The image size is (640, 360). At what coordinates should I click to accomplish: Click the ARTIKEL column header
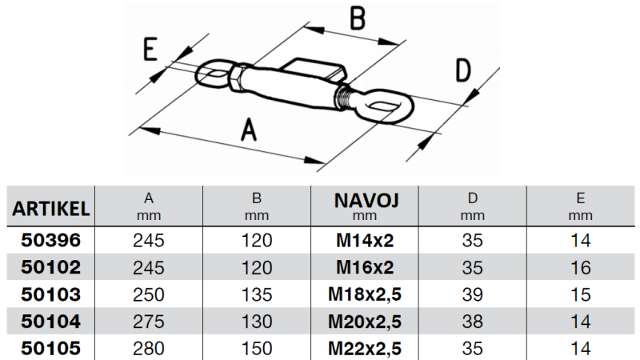tap(50, 209)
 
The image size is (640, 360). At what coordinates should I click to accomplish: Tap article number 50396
tap(50, 239)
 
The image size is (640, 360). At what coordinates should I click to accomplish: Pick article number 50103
tap(50, 294)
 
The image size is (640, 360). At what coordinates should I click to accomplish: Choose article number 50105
tap(50, 349)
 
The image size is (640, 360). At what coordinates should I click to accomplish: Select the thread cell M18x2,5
tap(365, 294)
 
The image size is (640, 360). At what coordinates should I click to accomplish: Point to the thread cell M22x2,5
tap(365, 349)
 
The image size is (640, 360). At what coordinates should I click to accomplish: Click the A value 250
tap(149, 294)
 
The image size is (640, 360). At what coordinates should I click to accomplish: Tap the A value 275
tap(149, 322)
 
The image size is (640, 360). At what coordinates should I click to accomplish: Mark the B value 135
tap(257, 294)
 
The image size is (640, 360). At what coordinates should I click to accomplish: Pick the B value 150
tap(257, 349)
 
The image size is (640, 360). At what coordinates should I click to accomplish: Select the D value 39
tap(473, 294)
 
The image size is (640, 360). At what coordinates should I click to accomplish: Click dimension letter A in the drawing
tap(249, 130)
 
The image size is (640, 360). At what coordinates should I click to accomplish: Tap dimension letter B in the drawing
tap(358, 18)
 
